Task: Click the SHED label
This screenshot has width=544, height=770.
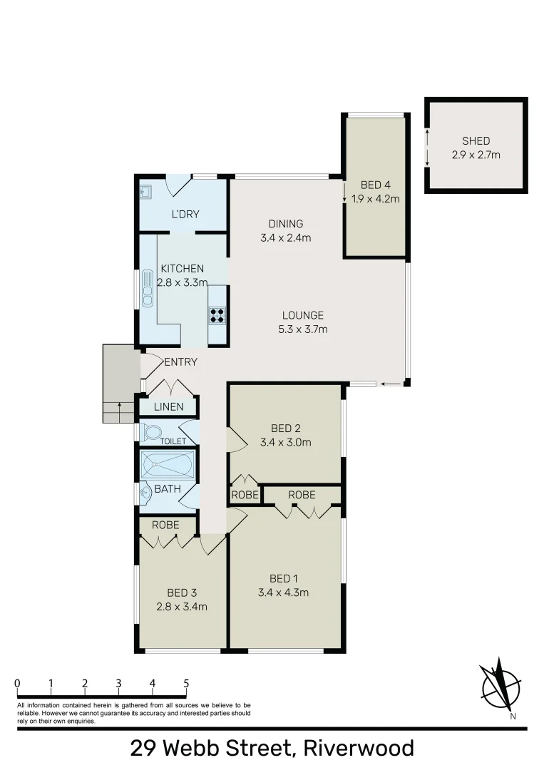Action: click(476, 141)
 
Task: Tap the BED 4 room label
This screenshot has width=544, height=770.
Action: click(375, 186)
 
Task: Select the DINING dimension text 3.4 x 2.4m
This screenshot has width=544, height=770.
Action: click(286, 238)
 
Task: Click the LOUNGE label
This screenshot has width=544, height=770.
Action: click(302, 315)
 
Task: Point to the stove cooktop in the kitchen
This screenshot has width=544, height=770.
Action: click(217, 315)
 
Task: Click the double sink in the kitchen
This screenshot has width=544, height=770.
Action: click(148, 286)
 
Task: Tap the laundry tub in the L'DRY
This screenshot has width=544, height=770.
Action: click(146, 191)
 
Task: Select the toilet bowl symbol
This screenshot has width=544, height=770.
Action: click(152, 432)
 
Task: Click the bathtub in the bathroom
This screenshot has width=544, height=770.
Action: click(167, 466)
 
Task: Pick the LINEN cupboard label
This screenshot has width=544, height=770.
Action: click(169, 407)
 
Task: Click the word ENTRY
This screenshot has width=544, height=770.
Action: click(180, 362)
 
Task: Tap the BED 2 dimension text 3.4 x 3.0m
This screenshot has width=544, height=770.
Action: click(286, 442)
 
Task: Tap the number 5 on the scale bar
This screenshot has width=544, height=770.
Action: click(186, 683)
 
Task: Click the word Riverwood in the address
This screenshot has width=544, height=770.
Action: click(359, 749)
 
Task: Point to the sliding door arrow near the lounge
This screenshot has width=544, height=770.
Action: click(389, 384)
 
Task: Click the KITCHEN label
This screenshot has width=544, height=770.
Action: click(183, 269)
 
